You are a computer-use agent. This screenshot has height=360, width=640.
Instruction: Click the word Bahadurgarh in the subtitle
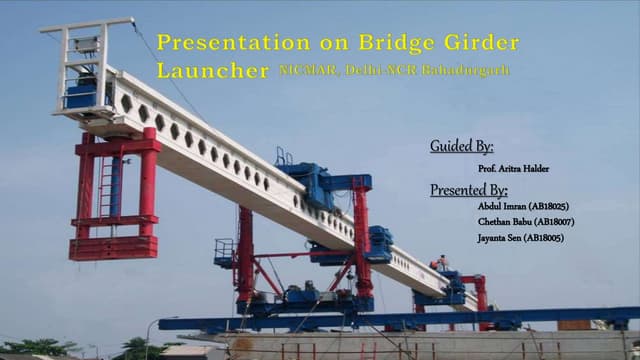tap(470, 71)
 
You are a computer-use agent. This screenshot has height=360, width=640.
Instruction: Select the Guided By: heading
tap(461, 147)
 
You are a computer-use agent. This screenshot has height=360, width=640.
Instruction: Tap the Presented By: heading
tap(468, 189)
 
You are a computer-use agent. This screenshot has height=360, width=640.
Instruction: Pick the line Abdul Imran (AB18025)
tap(523, 205)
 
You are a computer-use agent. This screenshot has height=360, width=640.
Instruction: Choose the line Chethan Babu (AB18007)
tap(526, 221)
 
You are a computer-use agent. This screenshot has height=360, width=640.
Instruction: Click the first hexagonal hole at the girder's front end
tap(127, 103)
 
